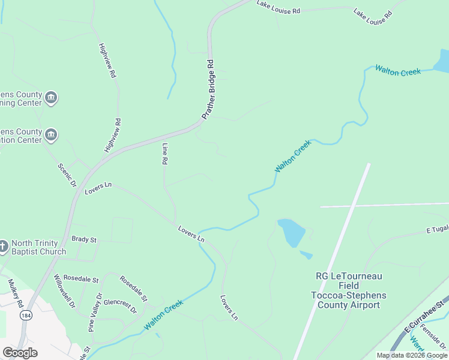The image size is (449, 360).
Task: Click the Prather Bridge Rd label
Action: click(208, 89)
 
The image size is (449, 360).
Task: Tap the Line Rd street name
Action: click(164, 154)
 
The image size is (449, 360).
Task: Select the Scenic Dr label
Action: click(68, 175)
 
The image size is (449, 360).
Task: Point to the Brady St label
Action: click(84, 239)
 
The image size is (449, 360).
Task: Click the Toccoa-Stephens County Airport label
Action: click(349, 290)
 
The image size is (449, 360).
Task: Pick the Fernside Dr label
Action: click(433, 337)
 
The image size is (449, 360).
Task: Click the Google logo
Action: click(20, 353)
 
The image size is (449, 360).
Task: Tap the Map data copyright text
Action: click(411, 355)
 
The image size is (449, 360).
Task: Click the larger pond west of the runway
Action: click(292, 232)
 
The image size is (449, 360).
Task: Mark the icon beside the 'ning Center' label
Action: click(52, 97)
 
